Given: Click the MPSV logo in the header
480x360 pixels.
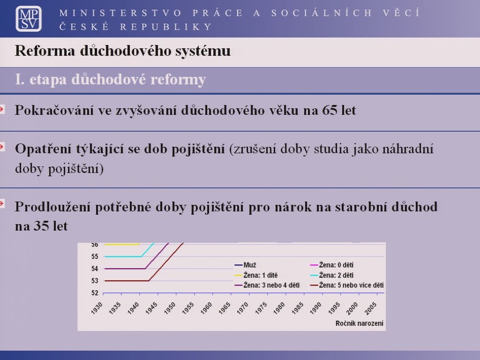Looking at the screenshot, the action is coord(29,19).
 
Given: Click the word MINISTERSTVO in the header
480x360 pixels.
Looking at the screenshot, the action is coord(120,13).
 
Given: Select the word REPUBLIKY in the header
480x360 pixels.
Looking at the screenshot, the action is coord(166,27).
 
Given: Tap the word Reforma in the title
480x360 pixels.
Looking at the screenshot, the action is coord(45,51).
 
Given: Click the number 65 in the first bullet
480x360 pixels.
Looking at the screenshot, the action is coord(330,110).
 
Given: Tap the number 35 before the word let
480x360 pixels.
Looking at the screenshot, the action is coord(41,226).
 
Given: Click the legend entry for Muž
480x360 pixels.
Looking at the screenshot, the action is coord(245,265).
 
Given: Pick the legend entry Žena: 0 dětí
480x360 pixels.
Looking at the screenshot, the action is coord(332,265).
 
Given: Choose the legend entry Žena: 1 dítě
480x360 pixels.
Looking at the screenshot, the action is coord(256,275).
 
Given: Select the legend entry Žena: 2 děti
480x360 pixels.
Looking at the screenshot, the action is coord(332,275).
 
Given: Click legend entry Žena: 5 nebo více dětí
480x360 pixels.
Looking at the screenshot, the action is coord(347,285).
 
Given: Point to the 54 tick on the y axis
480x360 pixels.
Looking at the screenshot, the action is coord(95,269).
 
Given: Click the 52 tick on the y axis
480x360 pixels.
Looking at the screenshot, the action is coord(95,293).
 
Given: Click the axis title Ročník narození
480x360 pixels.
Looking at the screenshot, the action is coord(360,323).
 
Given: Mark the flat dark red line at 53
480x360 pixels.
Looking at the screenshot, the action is coord(127,281).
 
